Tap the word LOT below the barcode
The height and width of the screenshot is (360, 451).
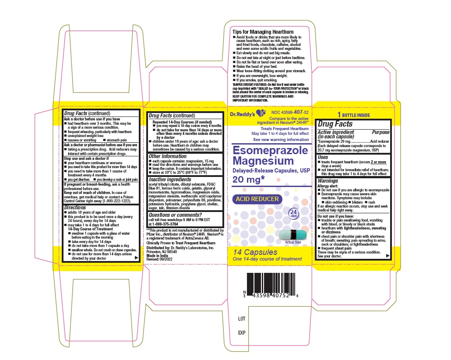(241, 319)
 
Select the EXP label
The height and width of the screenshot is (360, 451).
(241, 333)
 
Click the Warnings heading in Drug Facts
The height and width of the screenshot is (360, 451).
(328, 180)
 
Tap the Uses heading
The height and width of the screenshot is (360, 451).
(323, 157)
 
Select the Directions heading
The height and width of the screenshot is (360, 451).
(75, 207)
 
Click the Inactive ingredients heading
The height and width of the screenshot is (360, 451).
(170, 180)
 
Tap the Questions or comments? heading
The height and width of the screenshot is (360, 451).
(175, 215)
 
